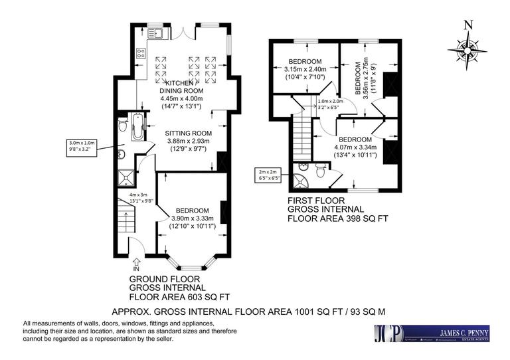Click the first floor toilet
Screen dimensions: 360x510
point(320,172)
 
